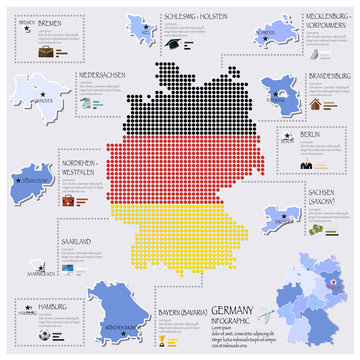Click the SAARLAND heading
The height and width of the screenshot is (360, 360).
77,242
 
